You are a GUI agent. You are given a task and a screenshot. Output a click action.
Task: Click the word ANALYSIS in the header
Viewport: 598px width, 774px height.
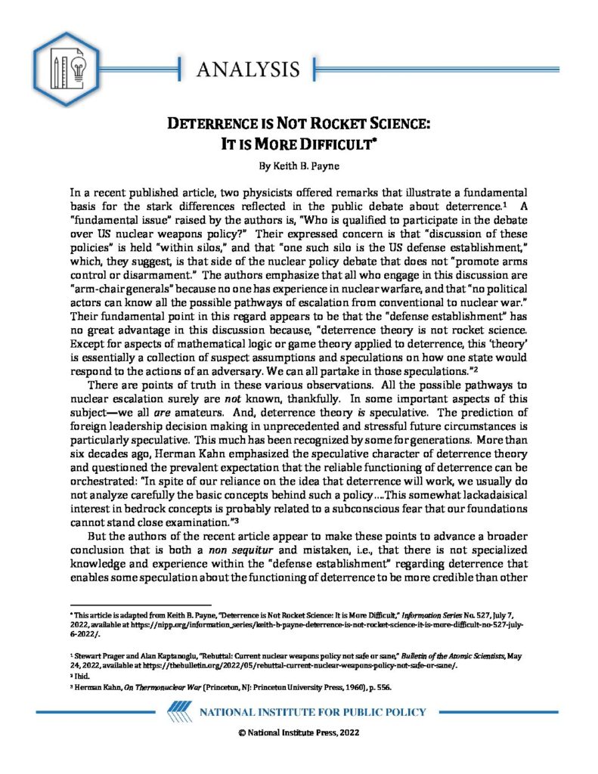tap(248, 70)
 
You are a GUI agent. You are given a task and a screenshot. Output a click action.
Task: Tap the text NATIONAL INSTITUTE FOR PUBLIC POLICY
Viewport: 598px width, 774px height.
tap(312, 713)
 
